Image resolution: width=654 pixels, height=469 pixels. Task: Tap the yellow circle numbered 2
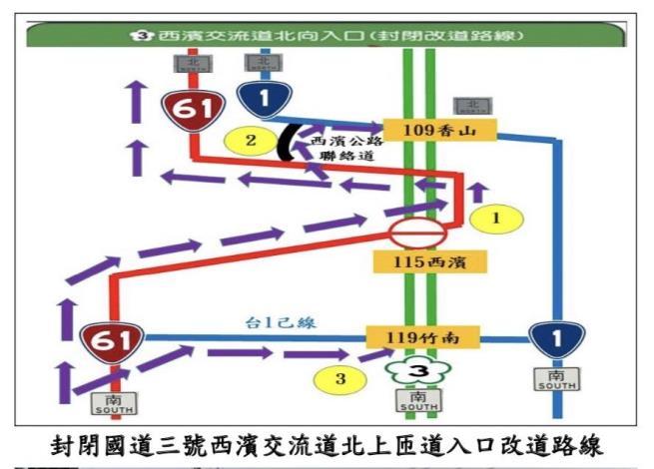[250, 139]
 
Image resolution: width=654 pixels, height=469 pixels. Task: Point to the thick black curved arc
[285, 142]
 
